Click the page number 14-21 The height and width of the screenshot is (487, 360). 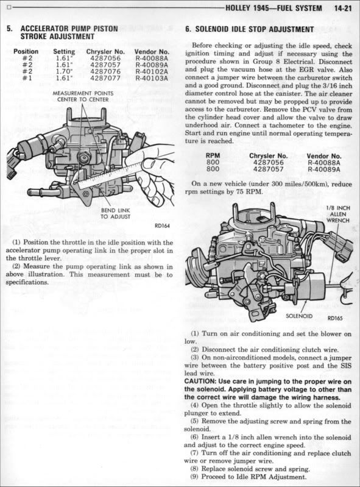click(x=343, y=8)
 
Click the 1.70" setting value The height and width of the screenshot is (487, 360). click(x=62, y=71)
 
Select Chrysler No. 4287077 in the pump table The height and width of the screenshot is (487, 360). click(x=105, y=78)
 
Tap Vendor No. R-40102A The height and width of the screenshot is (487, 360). click(x=152, y=71)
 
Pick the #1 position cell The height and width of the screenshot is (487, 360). click(x=27, y=78)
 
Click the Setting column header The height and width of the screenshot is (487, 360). click(x=64, y=52)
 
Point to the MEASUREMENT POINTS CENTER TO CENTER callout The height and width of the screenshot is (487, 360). click(x=83, y=96)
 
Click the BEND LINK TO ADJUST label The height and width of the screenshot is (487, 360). click(x=116, y=213)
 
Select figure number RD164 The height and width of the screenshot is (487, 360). click(x=162, y=226)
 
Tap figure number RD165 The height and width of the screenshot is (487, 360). click(x=335, y=318)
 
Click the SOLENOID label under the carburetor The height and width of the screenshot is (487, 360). click(x=299, y=316)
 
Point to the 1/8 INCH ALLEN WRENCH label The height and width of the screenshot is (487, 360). click(x=338, y=215)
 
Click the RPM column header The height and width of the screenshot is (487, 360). click(x=213, y=155)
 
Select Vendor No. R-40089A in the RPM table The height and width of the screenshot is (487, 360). click(x=324, y=169)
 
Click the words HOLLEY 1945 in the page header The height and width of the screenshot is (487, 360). click(x=242, y=8)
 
